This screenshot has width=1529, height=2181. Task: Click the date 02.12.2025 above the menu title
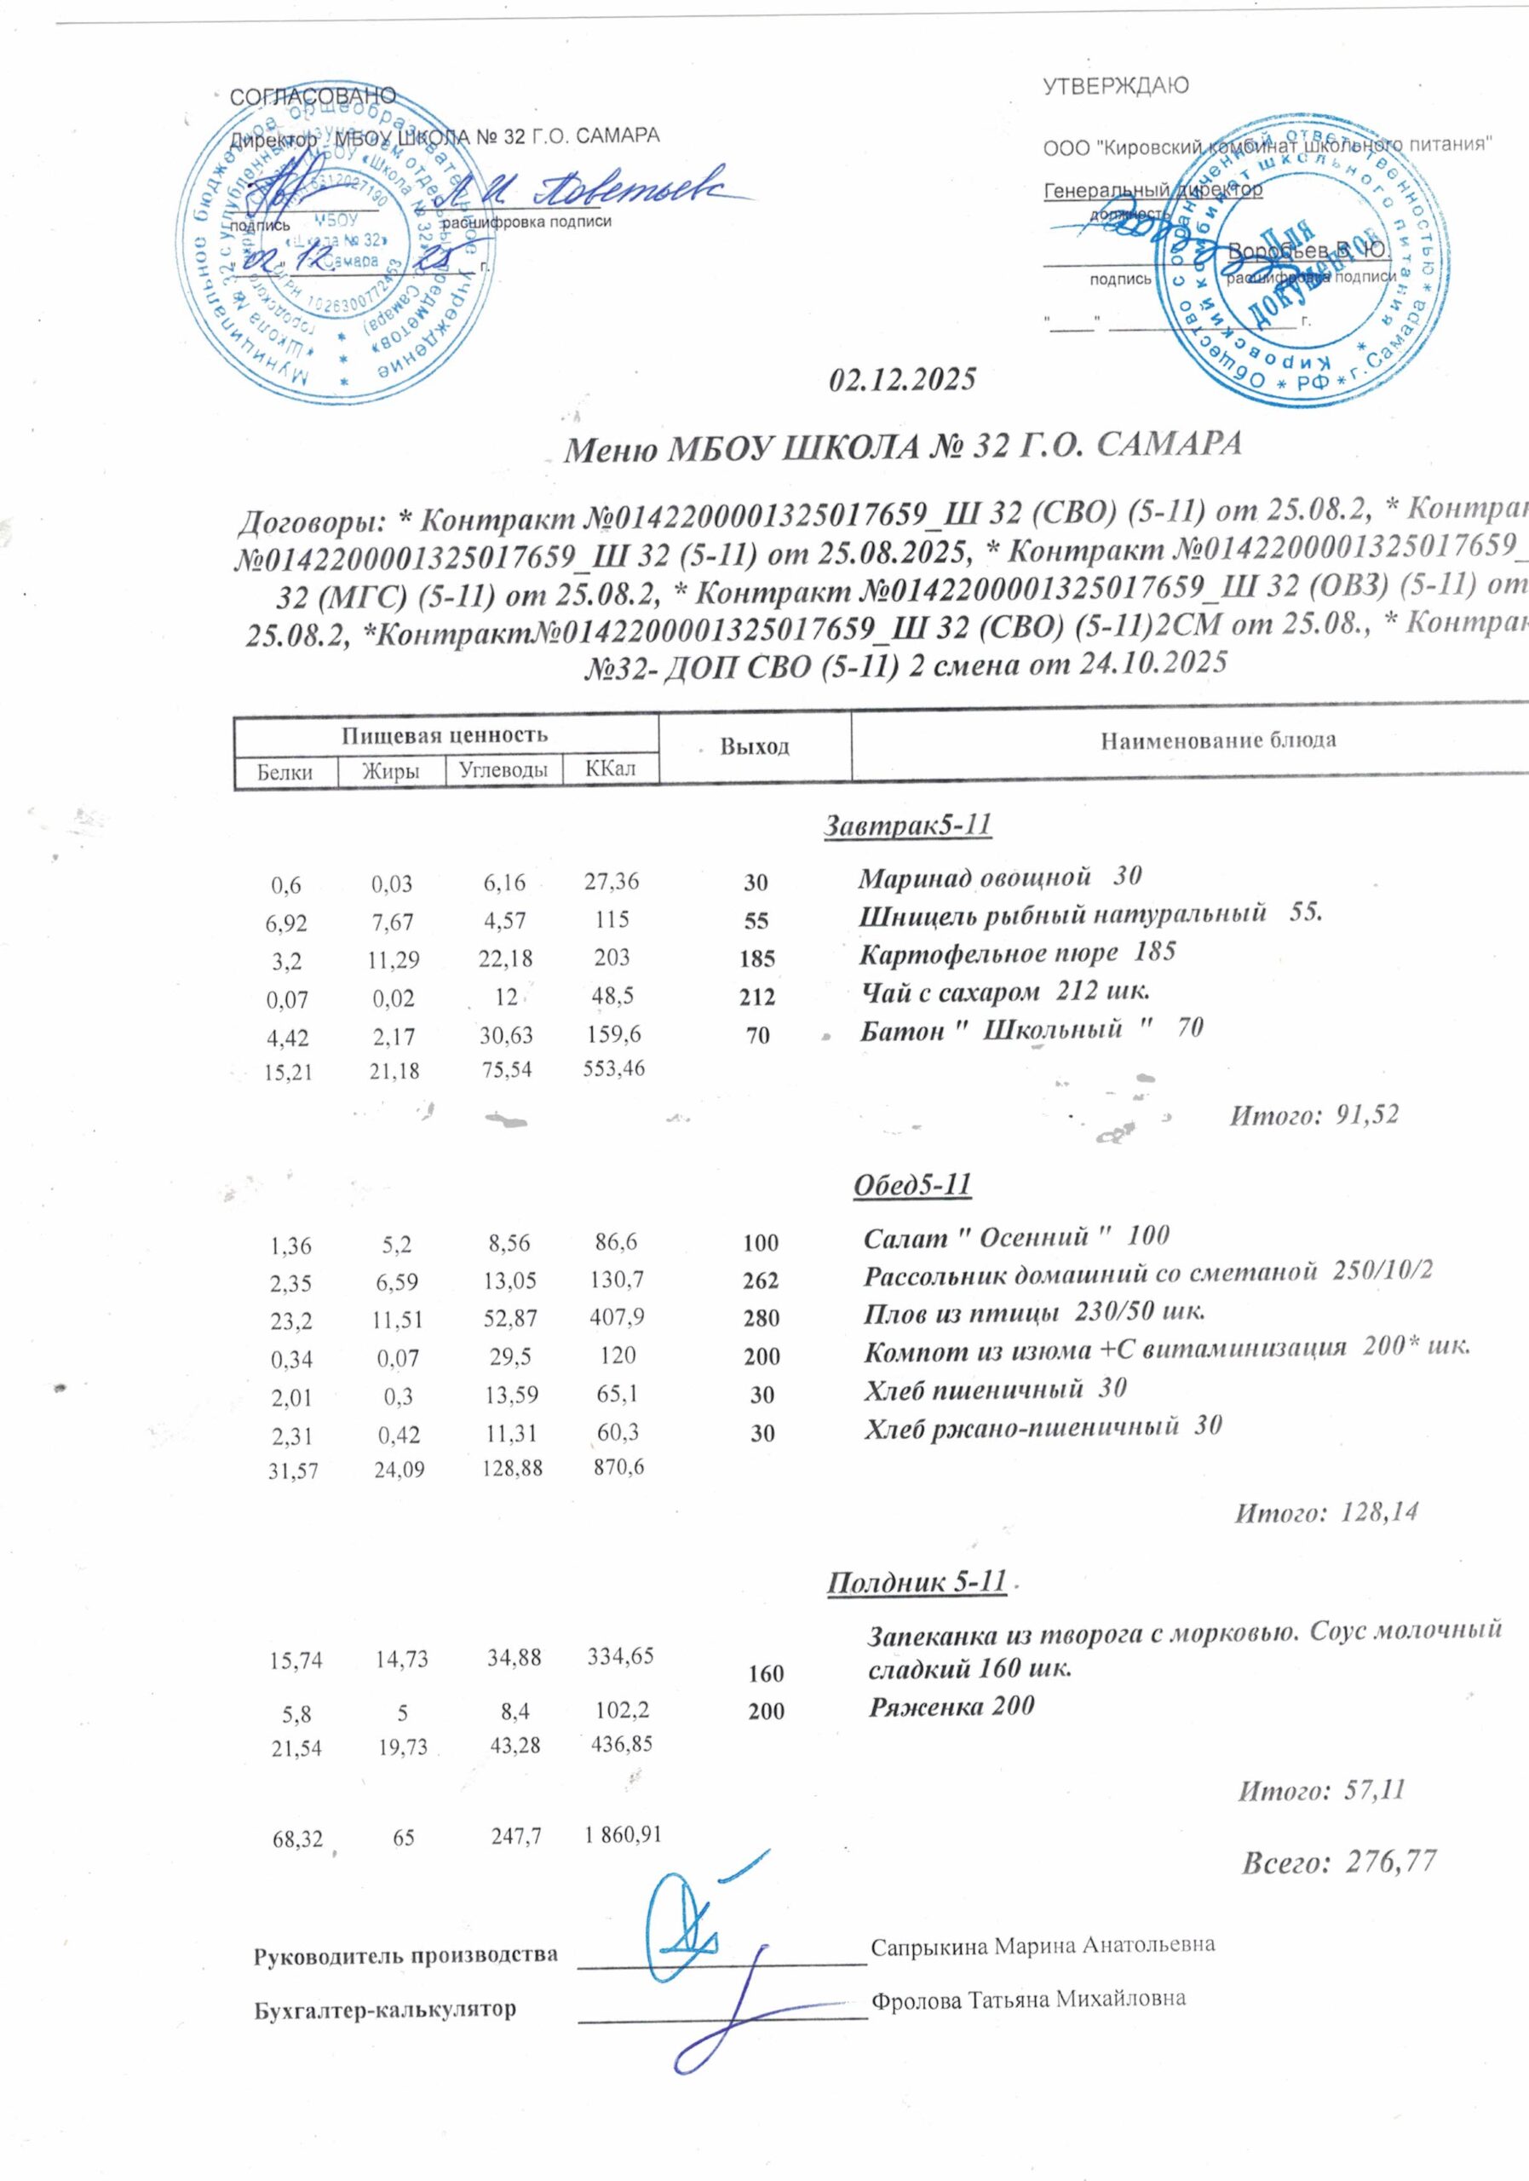pos(902,380)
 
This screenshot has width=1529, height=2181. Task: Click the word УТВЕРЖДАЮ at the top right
pos(1115,86)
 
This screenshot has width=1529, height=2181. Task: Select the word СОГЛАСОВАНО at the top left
pos(313,96)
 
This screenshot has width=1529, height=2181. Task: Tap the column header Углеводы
pos(503,769)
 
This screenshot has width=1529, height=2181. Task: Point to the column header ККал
pos(611,768)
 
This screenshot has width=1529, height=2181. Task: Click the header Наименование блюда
pos(1218,740)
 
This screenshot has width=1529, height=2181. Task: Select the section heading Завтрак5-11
pos(907,826)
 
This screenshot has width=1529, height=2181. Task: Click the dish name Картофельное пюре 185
pos(1017,952)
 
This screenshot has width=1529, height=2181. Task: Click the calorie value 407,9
pos(612,1316)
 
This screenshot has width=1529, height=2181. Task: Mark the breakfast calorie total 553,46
pos(612,1067)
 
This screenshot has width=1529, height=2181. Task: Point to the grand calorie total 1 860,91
pos(623,1838)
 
